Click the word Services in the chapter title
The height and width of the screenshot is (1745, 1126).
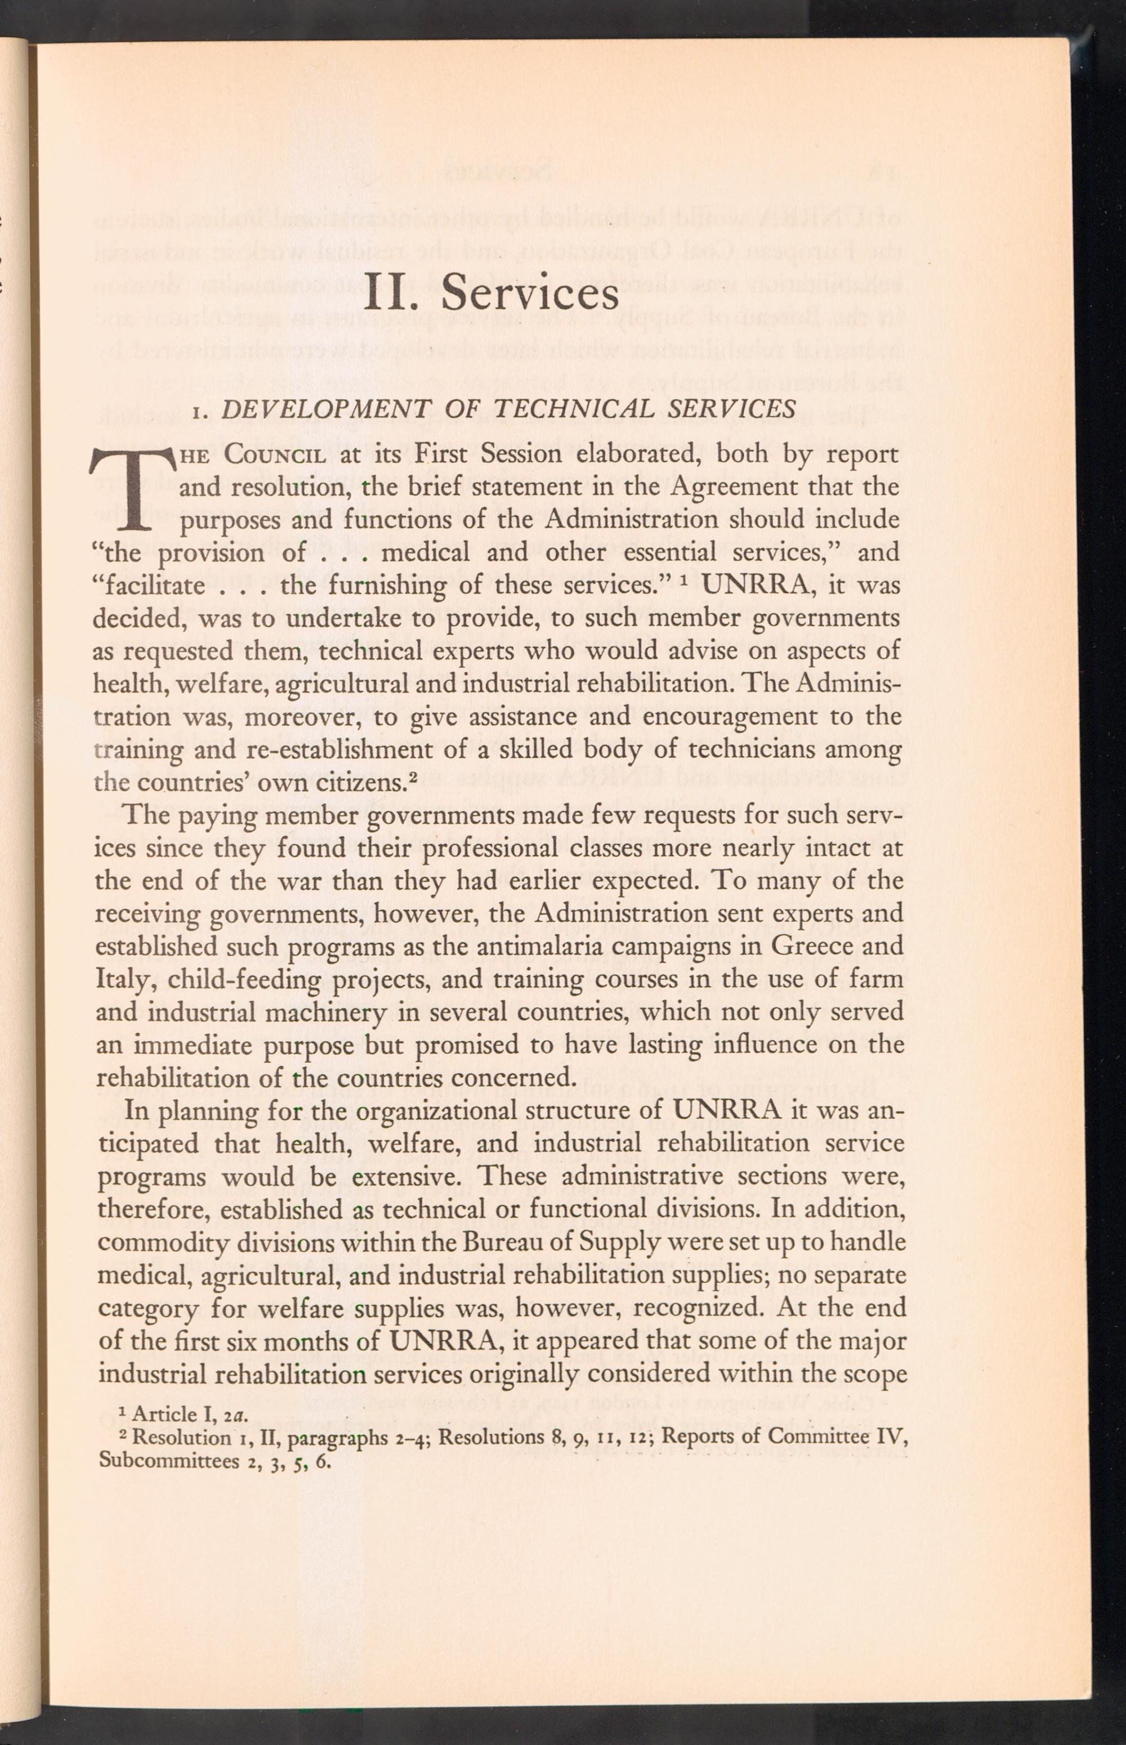tap(531, 292)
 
